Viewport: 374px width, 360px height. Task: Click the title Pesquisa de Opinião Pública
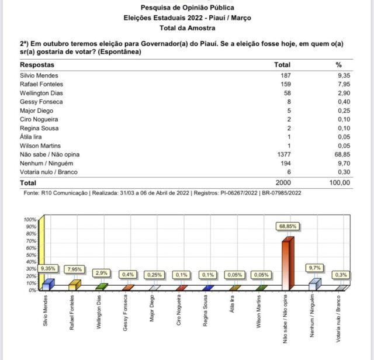(188, 8)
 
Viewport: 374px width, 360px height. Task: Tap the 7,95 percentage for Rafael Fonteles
(342, 84)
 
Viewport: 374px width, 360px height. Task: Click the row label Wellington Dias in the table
(41, 93)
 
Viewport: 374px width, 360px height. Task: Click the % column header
(338, 64)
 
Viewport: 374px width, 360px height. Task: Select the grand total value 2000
(282, 183)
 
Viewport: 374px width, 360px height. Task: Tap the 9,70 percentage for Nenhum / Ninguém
(342, 163)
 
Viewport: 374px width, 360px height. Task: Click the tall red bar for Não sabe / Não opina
(285, 263)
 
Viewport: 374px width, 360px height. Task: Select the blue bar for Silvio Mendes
(47, 285)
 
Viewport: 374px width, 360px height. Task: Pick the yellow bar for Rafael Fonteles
(74, 285)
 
